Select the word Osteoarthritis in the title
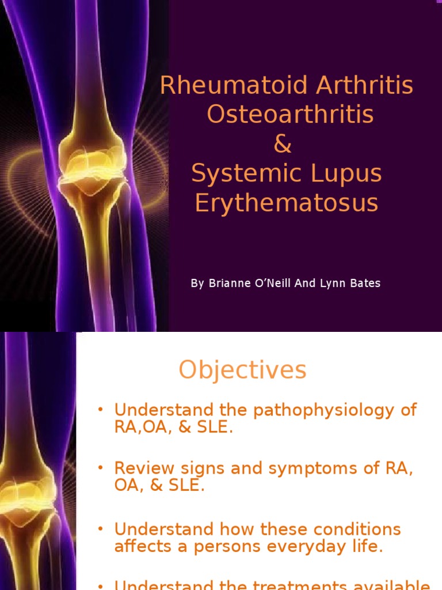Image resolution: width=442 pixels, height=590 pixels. point(290,115)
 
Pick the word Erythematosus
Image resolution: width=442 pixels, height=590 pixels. point(286,203)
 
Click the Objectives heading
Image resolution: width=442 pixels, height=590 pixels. point(242,370)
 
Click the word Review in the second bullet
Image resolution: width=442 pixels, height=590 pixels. point(140,468)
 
